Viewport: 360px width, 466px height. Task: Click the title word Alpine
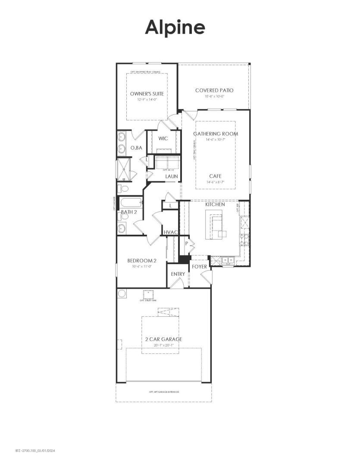pyautogui.click(x=175, y=27)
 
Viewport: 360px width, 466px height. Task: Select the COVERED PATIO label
pyautogui.click(x=214, y=90)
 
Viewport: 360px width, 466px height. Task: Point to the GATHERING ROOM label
pyautogui.click(x=215, y=134)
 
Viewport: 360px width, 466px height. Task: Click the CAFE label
pyautogui.click(x=215, y=176)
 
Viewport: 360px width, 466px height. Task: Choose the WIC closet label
pyautogui.click(x=163, y=139)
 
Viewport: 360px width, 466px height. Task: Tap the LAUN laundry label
pyautogui.click(x=172, y=176)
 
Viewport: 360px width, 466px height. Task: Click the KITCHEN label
pyautogui.click(x=215, y=204)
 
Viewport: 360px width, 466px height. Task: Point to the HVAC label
pyautogui.click(x=170, y=233)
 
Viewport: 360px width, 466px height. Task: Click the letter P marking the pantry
pyautogui.click(x=187, y=243)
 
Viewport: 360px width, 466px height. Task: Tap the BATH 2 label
pyautogui.click(x=128, y=212)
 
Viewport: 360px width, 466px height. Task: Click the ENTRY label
pyautogui.click(x=178, y=274)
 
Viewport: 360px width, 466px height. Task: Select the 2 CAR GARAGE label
pyautogui.click(x=163, y=339)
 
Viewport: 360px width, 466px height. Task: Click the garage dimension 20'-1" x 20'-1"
pyautogui.click(x=163, y=345)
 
